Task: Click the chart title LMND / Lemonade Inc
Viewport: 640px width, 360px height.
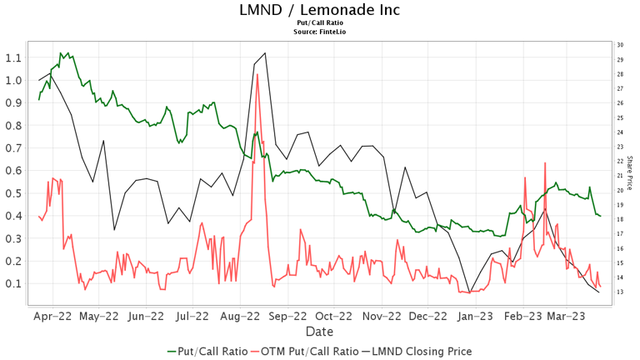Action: pos(319,10)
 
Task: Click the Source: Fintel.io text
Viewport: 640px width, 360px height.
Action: pos(319,32)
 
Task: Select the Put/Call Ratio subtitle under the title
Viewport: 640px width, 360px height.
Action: pos(319,23)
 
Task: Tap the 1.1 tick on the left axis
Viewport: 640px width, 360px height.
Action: pos(12,58)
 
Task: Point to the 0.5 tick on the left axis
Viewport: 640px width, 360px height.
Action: pos(12,193)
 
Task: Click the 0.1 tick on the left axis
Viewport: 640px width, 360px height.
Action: pos(12,283)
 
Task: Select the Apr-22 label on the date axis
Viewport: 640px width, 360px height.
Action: pos(52,317)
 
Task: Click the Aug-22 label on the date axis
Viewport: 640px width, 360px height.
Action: pos(241,317)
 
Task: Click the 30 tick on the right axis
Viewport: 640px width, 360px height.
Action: pos(620,45)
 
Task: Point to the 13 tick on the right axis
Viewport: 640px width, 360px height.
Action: pos(620,292)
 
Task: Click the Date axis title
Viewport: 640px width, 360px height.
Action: pos(319,332)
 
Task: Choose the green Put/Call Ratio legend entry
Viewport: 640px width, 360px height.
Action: pos(207,351)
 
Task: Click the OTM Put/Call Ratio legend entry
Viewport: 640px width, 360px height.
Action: pos(308,351)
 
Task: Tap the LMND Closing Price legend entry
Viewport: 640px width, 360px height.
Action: pos(421,351)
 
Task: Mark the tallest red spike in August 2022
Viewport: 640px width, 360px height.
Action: pos(257,75)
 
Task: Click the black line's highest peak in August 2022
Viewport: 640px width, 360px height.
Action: pos(265,53)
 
